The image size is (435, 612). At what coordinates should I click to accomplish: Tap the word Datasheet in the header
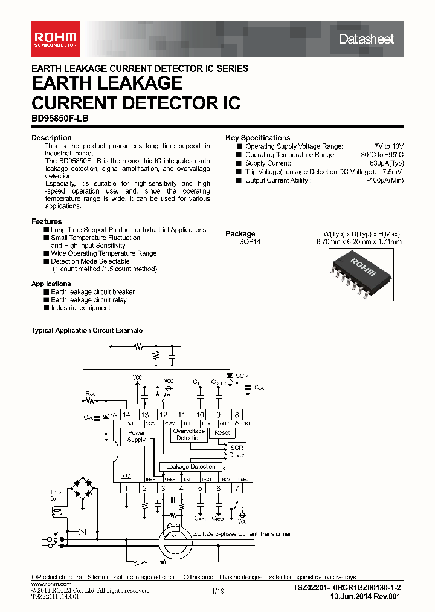pos(366,39)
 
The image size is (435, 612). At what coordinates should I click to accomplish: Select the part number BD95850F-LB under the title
pos(60,119)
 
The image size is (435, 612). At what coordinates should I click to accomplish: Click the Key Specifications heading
pos(258,138)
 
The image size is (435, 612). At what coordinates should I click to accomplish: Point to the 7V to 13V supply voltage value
pos(388,146)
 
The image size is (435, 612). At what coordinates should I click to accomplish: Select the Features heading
pos(47,221)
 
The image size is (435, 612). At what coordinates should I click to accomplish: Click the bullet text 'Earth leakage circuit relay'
pos(89,300)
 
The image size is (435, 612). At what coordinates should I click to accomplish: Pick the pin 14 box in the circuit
pos(126,415)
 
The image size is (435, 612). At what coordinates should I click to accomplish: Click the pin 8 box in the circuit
pos(237,415)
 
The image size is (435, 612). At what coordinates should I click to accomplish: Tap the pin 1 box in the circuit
pos(126,488)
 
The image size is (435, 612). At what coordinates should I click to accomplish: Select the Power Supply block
pos(137,437)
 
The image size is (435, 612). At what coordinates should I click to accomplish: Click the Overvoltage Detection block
pos(189,434)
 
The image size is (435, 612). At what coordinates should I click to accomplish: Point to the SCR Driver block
pos(236,451)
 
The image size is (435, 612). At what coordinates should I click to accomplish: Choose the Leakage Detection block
pos(190,467)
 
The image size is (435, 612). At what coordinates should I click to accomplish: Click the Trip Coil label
pos(56,496)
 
